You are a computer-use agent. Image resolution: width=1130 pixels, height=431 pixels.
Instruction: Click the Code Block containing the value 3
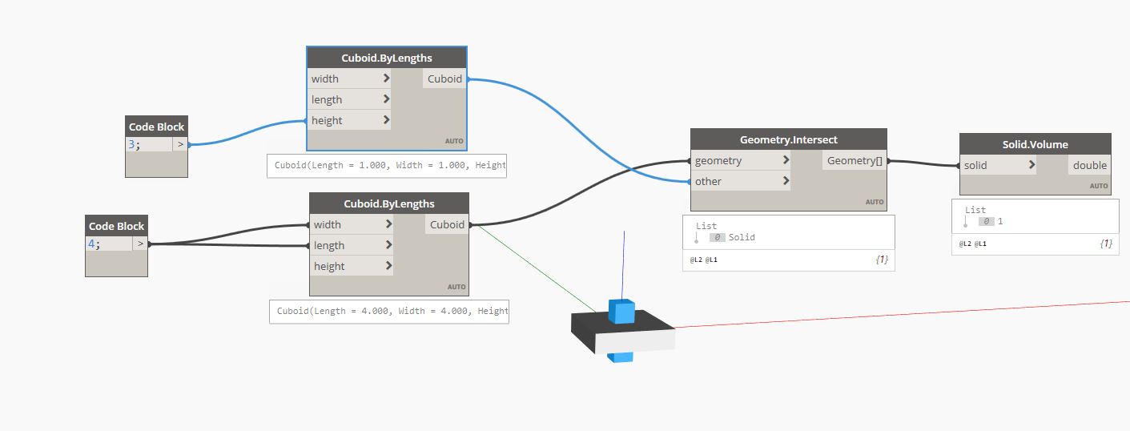(x=156, y=127)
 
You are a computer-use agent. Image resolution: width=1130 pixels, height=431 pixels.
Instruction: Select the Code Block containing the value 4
(x=116, y=227)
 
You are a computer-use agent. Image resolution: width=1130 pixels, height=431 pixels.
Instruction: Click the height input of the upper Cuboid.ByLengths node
(x=349, y=120)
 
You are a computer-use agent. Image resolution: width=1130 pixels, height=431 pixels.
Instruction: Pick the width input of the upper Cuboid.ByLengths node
(x=349, y=79)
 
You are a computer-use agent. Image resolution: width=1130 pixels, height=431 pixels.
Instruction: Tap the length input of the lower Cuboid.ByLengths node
(x=351, y=245)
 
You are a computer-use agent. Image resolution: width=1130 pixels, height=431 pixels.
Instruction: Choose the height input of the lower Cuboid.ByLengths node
(x=351, y=266)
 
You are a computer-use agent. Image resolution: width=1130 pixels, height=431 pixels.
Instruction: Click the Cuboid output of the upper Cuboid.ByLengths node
(x=444, y=79)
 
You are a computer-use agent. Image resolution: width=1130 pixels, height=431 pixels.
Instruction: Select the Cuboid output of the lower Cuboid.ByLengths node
(x=447, y=224)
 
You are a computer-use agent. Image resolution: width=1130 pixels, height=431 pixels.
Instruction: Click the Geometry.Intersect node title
(x=788, y=139)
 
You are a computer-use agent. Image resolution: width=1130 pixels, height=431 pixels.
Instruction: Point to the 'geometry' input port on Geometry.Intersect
(x=741, y=160)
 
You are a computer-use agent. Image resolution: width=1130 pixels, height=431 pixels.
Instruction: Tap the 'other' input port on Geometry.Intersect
(x=741, y=181)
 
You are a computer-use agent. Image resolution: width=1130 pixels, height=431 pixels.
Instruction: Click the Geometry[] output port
(x=854, y=160)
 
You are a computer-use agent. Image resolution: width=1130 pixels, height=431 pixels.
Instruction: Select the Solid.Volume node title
(x=1035, y=144)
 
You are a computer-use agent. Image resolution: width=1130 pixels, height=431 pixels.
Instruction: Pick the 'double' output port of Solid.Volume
(x=1089, y=165)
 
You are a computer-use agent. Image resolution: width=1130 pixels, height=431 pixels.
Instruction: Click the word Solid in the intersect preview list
(x=742, y=237)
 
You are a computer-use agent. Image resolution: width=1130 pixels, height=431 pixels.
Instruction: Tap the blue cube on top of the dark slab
(x=621, y=310)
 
